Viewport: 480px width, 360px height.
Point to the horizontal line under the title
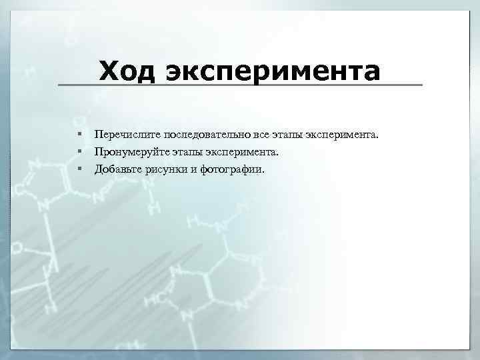point(240,85)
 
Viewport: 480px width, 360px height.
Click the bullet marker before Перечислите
point(79,135)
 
